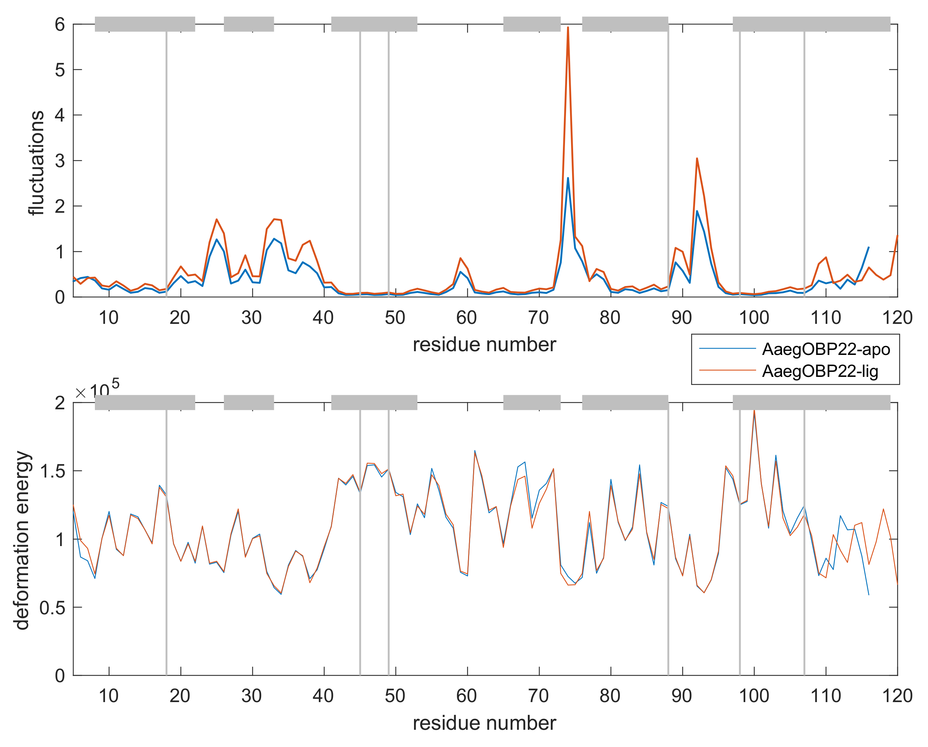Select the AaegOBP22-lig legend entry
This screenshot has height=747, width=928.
pyautogui.click(x=820, y=371)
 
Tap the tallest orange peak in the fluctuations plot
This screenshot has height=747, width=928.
pyautogui.click(x=568, y=28)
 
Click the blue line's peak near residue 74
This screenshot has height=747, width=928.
pyautogui.click(x=568, y=178)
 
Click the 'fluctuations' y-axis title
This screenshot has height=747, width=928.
pyautogui.click(x=36, y=163)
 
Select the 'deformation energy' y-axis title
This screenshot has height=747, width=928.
pyautogui.click(x=22, y=541)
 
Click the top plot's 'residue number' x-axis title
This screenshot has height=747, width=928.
pyautogui.click(x=484, y=345)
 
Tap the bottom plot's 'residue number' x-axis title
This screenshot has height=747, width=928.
pyautogui.click(x=484, y=723)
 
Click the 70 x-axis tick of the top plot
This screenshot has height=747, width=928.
pyautogui.click(x=539, y=318)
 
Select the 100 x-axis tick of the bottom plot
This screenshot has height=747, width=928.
pyautogui.click(x=754, y=696)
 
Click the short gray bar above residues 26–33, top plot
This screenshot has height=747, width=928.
pyautogui.click(x=249, y=24)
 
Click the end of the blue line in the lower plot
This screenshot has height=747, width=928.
pyautogui.click(x=869, y=595)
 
